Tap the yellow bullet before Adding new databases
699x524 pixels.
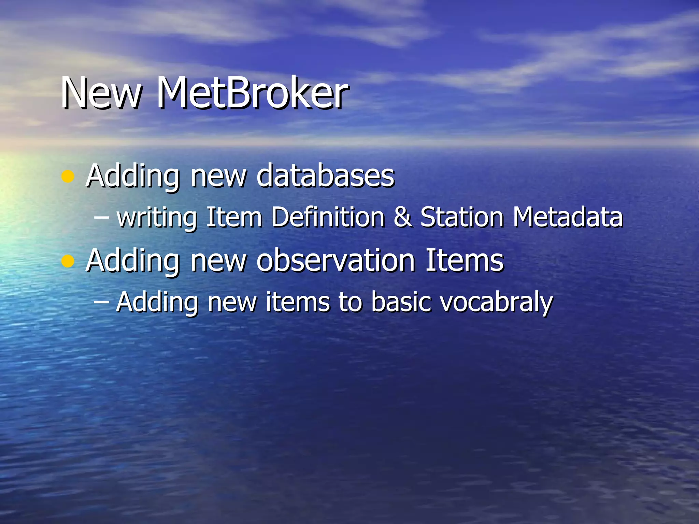click(x=68, y=177)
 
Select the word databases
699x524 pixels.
click(x=325, y=176)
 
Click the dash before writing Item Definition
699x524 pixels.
click(x=101, y=218)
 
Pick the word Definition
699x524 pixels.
click(x=328, y=217)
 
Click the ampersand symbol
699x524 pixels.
click(x=402, y=217)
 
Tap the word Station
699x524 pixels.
click(x=462, y=217)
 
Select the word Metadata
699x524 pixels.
click(x=568, y=217)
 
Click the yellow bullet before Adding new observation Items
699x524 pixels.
click(x=68, y=261)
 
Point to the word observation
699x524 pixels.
click(x=336, y=261)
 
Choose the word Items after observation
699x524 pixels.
click(x=464, y=261)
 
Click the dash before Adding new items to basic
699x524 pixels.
click(x=101, y=302)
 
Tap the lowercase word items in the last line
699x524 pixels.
click(x=297, y=302)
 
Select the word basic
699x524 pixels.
click(x=400, y=302)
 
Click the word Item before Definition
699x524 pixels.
click(x=234, y=217)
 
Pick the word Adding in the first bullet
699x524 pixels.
click(x=132, y=177)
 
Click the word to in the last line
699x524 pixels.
click(x=350, y=302)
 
